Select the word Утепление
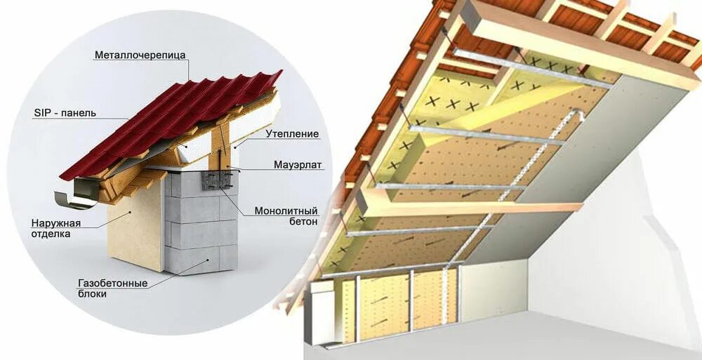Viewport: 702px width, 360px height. coord(292,133)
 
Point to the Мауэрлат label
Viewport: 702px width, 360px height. coord(298,165)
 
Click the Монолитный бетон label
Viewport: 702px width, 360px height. coord(286,215)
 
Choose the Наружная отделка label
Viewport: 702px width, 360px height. coord(56,228)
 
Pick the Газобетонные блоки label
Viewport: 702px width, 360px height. coord(112,288)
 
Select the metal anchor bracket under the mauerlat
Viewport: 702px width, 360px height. coord(215,180)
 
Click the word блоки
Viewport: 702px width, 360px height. coord(93,294)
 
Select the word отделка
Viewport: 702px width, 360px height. coord(51,234)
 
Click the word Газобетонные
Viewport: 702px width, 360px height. coord(112,284)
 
